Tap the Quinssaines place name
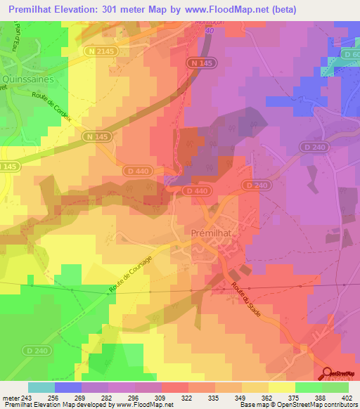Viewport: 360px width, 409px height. click(x=25, y=79)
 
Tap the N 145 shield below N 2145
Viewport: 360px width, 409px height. click(x=95, y=135)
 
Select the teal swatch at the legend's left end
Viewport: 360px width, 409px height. click(x=41, y=387)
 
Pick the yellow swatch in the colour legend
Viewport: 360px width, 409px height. click(x=281, y=387)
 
